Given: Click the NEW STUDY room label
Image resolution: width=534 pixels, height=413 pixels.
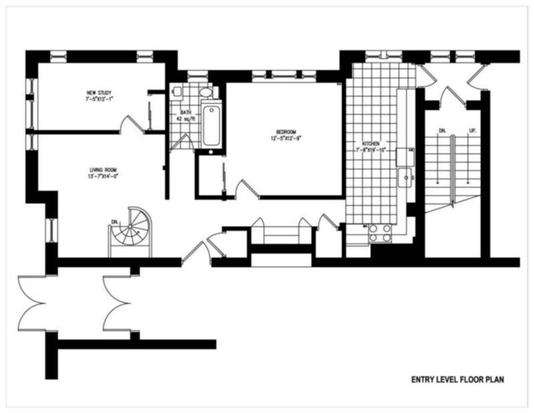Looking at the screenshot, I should tap(99, 96).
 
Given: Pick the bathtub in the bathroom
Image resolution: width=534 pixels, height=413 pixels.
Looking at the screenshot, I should tap(211, 125).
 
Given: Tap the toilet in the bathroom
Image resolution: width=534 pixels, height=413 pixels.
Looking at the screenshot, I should tap(178, 91).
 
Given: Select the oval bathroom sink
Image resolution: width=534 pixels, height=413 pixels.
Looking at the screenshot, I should tap(206, 91).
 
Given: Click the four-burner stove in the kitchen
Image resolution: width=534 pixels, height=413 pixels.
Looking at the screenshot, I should tap(380, 232).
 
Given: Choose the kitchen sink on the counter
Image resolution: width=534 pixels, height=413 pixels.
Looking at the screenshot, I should tap(406, 178).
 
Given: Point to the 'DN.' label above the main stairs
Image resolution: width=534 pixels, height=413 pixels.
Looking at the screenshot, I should tap(442, 131).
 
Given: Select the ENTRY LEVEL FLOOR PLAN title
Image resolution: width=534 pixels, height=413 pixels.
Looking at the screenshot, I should tap(457, 379).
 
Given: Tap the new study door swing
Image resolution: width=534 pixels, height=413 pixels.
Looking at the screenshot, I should tap(132, 124).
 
